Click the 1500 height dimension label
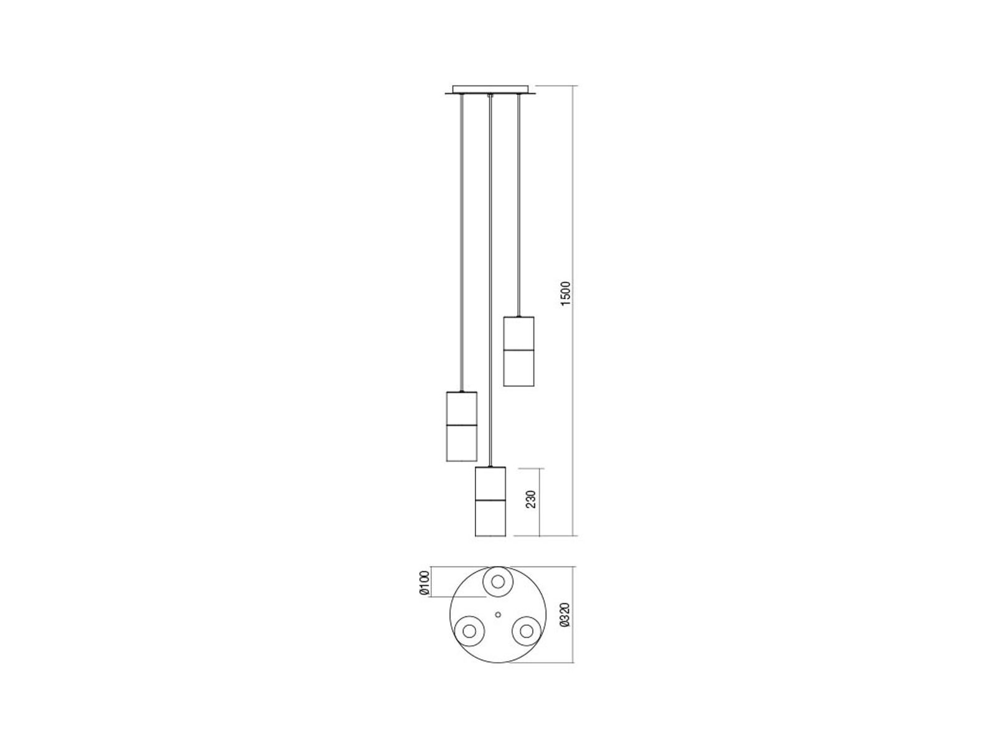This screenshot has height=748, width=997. point(565,293)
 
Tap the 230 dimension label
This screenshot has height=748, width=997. point(531,499)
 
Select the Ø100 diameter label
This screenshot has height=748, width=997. point(424,583)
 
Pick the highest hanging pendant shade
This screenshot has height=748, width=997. point(518,351)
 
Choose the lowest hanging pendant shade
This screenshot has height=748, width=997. point(490,501)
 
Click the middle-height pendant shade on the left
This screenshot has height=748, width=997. point(462,426)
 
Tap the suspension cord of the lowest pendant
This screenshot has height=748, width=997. point(490,280)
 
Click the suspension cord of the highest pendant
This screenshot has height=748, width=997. point(518,206)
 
